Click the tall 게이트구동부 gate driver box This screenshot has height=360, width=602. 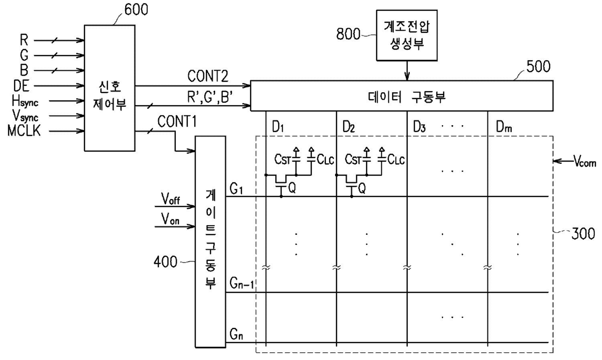[x=210, y=241]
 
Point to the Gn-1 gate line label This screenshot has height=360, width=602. [x=241, y=284]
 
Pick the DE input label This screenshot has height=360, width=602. [x=21, y=87]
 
